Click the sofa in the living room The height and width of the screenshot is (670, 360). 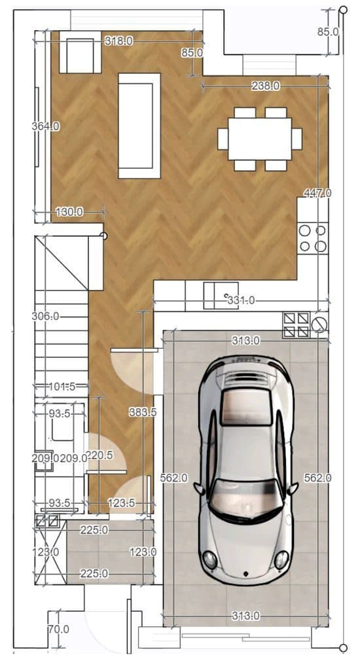coord(139,126)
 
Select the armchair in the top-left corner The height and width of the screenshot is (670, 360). coord(80,52)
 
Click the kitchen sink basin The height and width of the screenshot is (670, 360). coord(221,295)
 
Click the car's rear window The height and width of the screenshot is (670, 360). coord(246,407)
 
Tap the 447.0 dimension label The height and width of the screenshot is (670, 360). coord(317,193)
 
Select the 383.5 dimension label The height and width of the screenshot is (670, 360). coord(143,412)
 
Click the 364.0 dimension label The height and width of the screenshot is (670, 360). coord(45,126)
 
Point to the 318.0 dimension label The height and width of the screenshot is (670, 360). coord(118,41)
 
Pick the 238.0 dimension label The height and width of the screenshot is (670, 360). coord(266,86)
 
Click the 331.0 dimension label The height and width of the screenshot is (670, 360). coord(241,300)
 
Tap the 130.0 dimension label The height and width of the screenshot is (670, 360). coord(69,211)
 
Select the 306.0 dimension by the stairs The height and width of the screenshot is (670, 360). coord(45,317)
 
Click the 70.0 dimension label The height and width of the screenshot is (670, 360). coord(58,629)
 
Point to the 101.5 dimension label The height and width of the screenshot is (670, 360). coord(62,387)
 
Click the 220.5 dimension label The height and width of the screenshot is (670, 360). coord(99,455)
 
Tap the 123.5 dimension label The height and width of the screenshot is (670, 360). coord(122,503)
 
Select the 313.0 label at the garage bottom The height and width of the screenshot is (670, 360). coord(245,616)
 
